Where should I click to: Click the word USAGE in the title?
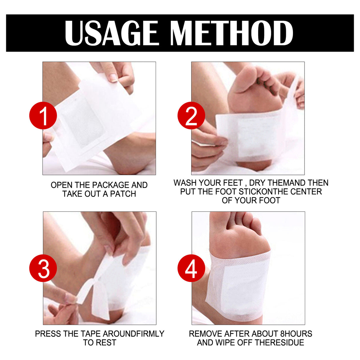pos(111,33)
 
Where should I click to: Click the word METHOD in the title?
pos(232,33)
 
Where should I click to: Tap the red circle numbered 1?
pos(43,116)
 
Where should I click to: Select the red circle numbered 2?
pos(191,116)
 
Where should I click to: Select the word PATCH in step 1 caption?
pos(123,194)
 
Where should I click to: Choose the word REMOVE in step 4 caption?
pos(206,334)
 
